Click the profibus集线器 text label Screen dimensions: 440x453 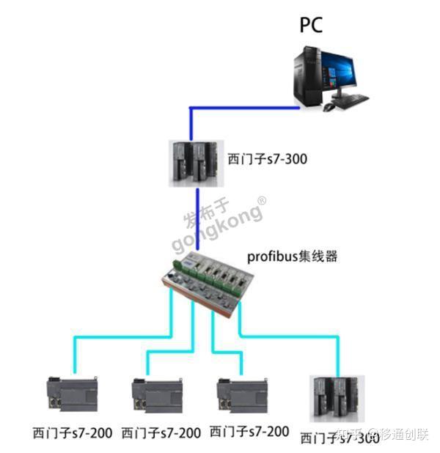[293, 257]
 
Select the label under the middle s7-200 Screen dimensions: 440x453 [161, 432]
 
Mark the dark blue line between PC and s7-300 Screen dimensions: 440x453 [242, 108]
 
